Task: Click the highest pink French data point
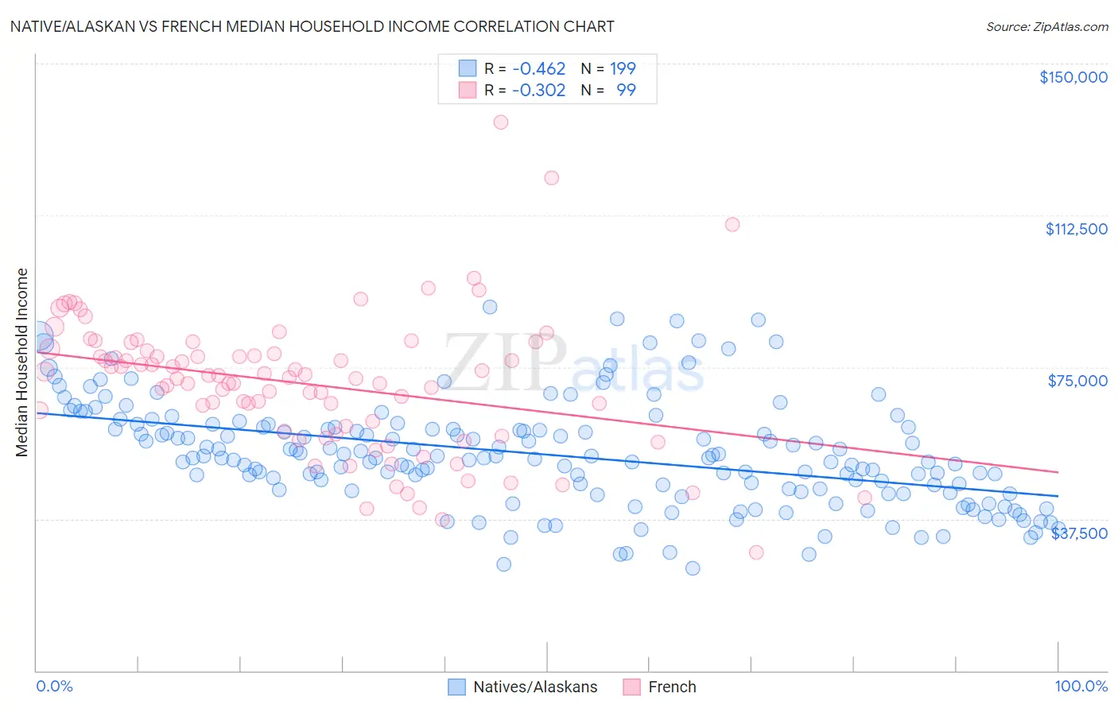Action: pyautogui.click(x=500, y=122)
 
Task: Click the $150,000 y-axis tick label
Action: pyautogui.click(x=1073, y=77)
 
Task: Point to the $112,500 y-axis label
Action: pyautogui.click(x=1076, y=229)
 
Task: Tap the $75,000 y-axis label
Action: pyautogui.click(x=1077, y=381)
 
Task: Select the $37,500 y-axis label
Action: pyautogui.click(x=1079, y=533)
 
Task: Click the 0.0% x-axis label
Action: pyautogui.click(x=54, y=686)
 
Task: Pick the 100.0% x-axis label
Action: pyautogui.click(x=1081, y=686)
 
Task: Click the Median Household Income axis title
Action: pyautogui.click(x=21, y=362)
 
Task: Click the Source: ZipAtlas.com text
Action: pyautogui.click(x=1046, y=27)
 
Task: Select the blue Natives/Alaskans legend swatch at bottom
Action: pyautogui.click(x=456, y=687)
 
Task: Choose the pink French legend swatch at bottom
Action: pyautogui.click(x=631, y=687)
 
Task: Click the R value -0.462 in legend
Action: pyautogui.click(x=538, y=68)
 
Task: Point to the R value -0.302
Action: pyautogui.click(x=538, y=90)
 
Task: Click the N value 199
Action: pyautogui.click(x=623, y=68)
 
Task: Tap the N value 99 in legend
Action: pyautogui.click(x=626, y=90)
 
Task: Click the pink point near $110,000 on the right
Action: pyautogui.click(x=732, y=224)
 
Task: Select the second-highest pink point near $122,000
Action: pyautogui.click(x=551, y=178)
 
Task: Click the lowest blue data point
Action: pyautogui.click(x=693, y=568)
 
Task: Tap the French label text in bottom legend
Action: pyautogui.click(x=672, y=687)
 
